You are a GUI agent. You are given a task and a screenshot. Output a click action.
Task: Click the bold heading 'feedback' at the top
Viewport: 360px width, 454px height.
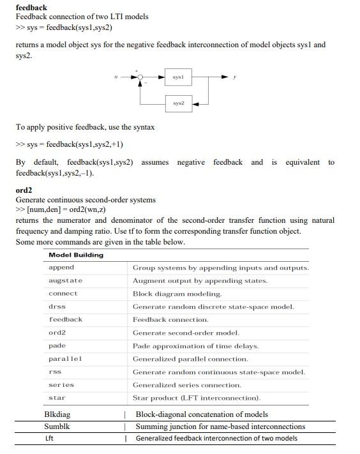click(x=31, y=7)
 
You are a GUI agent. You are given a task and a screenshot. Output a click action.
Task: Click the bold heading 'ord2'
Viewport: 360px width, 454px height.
click(x=24, y=190)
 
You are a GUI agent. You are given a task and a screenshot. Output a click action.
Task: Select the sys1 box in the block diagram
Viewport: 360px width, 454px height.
click(x=178, y=77)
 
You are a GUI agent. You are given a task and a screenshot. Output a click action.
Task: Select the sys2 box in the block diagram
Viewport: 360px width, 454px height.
click(x=178, y=102)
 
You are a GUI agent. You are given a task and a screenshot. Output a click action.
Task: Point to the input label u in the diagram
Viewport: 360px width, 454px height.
click(x=116, y=77)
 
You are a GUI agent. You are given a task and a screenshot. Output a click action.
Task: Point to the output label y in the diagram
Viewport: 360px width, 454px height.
click(x=235, y=77)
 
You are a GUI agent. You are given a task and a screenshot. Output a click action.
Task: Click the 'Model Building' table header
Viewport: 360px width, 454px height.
click(x=76, y=255)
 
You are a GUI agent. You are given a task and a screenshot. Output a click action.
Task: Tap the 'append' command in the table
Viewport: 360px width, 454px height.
click(x=61, y=268)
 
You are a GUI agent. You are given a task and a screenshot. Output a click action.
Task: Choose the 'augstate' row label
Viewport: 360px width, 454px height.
click(x=65, y=280)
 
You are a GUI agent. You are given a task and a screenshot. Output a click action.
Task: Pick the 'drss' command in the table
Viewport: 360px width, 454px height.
click(x=57, y=306)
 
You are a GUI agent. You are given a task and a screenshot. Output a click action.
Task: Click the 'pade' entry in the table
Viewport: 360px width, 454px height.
click(x=57, y=345)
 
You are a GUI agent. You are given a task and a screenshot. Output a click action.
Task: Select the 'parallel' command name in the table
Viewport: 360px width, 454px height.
click(x=65, y=358)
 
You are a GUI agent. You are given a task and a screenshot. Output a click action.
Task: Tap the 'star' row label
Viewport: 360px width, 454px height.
click(x=57, y=398)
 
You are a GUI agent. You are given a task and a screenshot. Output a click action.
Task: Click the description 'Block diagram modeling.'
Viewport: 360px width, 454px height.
click(x=177, y=294)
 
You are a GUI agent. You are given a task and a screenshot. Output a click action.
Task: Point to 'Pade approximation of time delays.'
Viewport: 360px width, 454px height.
click(x=195, y=345)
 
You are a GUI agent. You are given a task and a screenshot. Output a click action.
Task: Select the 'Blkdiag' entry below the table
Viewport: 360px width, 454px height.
click(x=57, y=414)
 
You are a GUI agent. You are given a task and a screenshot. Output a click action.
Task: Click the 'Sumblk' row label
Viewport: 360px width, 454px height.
click(x=56, y=426)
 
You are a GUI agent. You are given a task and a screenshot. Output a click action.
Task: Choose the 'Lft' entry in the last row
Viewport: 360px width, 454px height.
click(x=49, y=438)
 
